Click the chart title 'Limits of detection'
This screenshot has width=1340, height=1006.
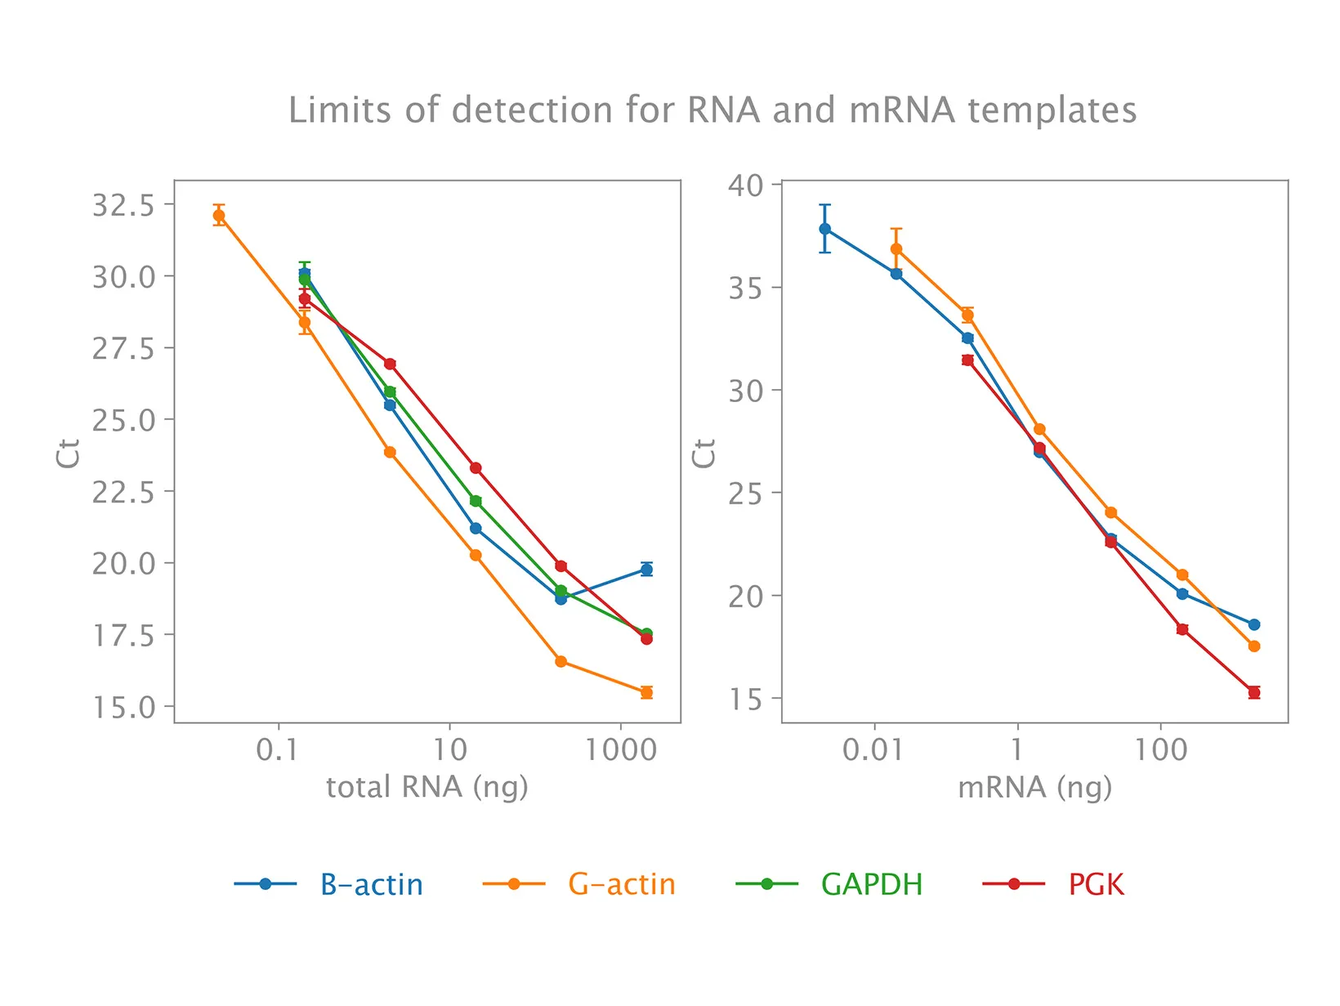[x=712, y=110]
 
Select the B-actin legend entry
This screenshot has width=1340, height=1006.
[x=371, y=884]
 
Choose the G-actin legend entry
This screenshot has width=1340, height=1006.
[x=622, y=884]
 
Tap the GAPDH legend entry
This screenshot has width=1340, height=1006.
[x=871, y=884]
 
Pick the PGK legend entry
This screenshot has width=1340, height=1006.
[x=1096, y=884]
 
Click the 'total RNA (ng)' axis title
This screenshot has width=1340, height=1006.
[x=427, y=787]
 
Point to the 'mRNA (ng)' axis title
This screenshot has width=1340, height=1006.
[x=1034, y=787]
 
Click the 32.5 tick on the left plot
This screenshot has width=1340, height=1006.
[x=123, y=205]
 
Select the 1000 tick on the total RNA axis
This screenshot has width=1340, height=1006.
[x=621, y=749]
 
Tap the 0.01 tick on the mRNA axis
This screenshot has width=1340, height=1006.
[x=873, y=749]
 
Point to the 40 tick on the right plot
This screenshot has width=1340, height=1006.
[x=746, y=186]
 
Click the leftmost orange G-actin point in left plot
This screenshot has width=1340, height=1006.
[x=219, y=216]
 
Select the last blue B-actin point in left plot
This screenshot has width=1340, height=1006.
[x=646, y=570]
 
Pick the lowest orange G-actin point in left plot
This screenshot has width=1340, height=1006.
[x=646, y=692]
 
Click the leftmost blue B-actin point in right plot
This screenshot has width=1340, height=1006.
[x=825, y=229]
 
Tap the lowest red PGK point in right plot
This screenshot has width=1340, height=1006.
[x=1254, y=692]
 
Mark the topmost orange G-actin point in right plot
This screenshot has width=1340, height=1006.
[x=896, y=248]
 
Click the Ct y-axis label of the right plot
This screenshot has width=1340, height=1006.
[x=703, y=453]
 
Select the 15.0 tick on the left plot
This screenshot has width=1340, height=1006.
[x=123, y=708]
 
